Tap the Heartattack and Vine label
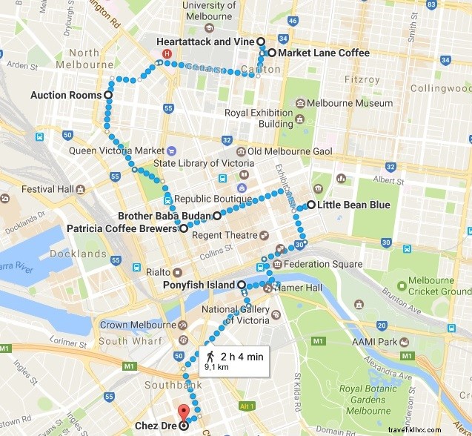tap(205, 42)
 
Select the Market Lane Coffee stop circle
tap(272, 53)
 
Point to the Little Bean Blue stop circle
tap(311, 205)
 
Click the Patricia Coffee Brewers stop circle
tap(183, 229)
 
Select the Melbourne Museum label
tap(350, 103)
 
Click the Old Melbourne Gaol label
tap(290, 152)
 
